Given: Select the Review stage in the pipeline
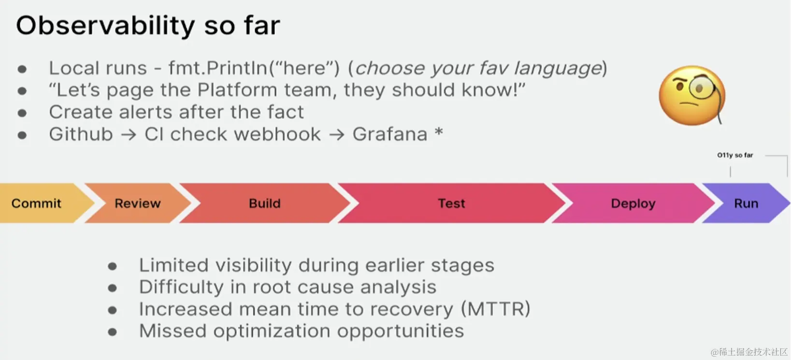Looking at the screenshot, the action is pyautogui.click(x=138, y=203).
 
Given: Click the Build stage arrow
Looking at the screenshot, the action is pyautogui.click(x=265, y=203).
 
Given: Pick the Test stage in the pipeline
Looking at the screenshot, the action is pyautogui.click(x=451, y=203).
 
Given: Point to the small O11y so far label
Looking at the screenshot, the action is pyautogui.click(x=735, y=155).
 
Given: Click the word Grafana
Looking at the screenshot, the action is pyautogui.click(x=390, y=134).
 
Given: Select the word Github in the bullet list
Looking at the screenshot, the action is pyautogui.click(x=81, y=134).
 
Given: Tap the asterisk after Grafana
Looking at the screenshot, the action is pyautogui.click(x=439, y=131).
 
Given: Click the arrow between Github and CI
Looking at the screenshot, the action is pyautogui.click(x=129, y=135).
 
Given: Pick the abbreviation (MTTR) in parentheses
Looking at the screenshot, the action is pyautogui.click(x=496, y=309).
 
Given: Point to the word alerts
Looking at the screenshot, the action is pyautogui.click(x=145, y=112).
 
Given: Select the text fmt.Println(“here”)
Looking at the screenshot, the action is pyautogui.click(x=254, y=68).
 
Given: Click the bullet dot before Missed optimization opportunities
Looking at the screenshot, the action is pyautogui.click(x=112, y=332).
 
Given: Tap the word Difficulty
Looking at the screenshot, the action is pyautogui.click(x=181, y=287).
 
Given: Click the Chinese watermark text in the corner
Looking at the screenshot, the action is pyautogui.click(x=749, y=352).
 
